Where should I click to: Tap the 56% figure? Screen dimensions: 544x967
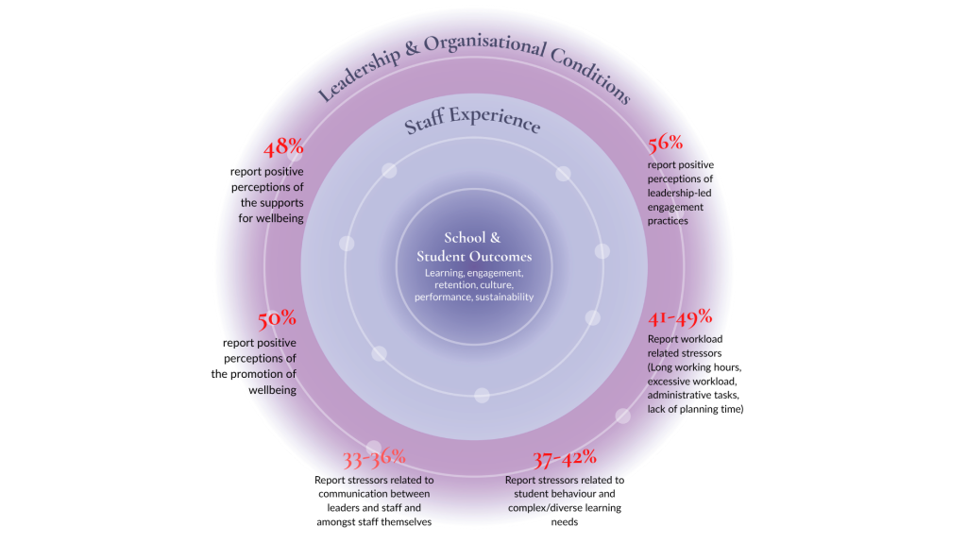pyautogui.click(x=665, y=144)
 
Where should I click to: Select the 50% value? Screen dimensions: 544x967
pyautogui.click(x=277, y=319)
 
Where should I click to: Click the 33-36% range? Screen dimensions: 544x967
pyautogui.click(x=374, y=459)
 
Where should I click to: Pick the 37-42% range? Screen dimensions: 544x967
pyautogui.click(x=564, y=458)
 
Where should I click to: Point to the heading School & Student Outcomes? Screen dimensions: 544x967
pyautogui.click(x=473, y=247)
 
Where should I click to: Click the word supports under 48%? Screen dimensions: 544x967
pyautogui.click(x=282, y=203)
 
